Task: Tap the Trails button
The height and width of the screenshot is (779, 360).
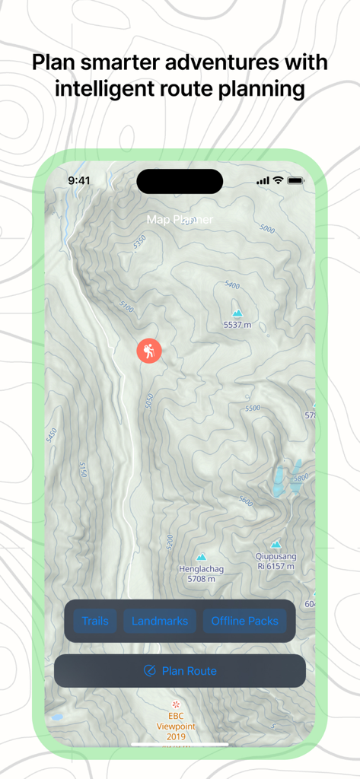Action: click(95, 621)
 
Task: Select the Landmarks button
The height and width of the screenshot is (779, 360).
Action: click(160, 621)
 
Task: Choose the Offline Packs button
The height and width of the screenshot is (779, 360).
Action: click(244, 621)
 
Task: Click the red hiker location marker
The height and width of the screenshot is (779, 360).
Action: click(149, 351)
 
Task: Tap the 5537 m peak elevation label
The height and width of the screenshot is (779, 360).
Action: click(237, 325)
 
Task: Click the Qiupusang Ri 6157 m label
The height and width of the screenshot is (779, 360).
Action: click(276, 561)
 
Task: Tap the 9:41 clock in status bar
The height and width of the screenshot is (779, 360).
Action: click(79, 180)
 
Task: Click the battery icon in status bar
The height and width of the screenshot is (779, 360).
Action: click(296, 180)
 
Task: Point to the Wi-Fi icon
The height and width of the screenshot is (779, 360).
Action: click(279, 180)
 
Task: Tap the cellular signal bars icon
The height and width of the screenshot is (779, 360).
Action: click(263, 180)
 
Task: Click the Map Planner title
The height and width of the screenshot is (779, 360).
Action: click(180, 219)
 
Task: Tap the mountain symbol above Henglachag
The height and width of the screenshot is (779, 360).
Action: click(201, 556)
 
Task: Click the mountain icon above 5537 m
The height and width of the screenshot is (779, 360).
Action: click(237, 313)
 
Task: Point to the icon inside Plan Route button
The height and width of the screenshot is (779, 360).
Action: click(150, 671)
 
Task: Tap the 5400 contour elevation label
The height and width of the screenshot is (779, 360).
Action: click(233, 286)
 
